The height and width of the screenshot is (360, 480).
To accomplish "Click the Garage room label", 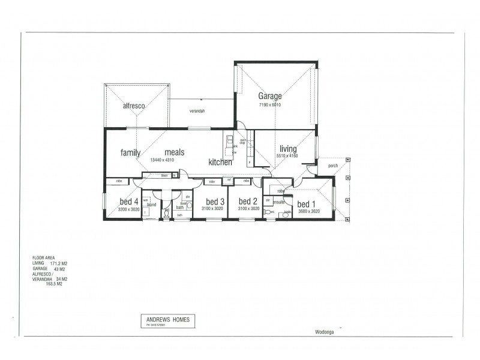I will (x=270, y=96).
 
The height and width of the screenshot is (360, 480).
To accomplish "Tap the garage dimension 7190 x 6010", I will (x=270, y=105).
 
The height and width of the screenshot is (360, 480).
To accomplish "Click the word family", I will (x=130, y=152).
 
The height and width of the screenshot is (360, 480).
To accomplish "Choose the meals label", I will (x=174, y=152).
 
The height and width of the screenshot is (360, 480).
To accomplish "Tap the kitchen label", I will (x=220, y=162).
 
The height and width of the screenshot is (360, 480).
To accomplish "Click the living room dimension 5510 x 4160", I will (x=287, y=156).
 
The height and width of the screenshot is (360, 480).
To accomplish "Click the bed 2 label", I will (x=248, y=201).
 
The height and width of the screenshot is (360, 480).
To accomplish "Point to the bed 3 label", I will (x=215, y=201).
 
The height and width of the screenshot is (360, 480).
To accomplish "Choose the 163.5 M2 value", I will (x=54, y=283).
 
